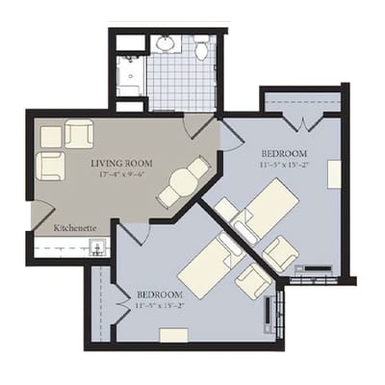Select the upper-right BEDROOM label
tap(284, 153)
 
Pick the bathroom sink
tap(166, 43)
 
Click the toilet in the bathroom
tap(202, 48)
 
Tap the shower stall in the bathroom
tap(129, 74)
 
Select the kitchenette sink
tap(97, 246)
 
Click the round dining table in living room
tap(181, 180)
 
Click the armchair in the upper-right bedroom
tap(280, 253)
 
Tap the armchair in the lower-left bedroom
tap(253, 280)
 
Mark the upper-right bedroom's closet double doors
tap(302, 122)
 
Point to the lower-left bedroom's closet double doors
tap(121, 301)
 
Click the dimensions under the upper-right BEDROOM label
tap(284, 165)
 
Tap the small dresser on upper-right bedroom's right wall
tap(334, 173)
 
